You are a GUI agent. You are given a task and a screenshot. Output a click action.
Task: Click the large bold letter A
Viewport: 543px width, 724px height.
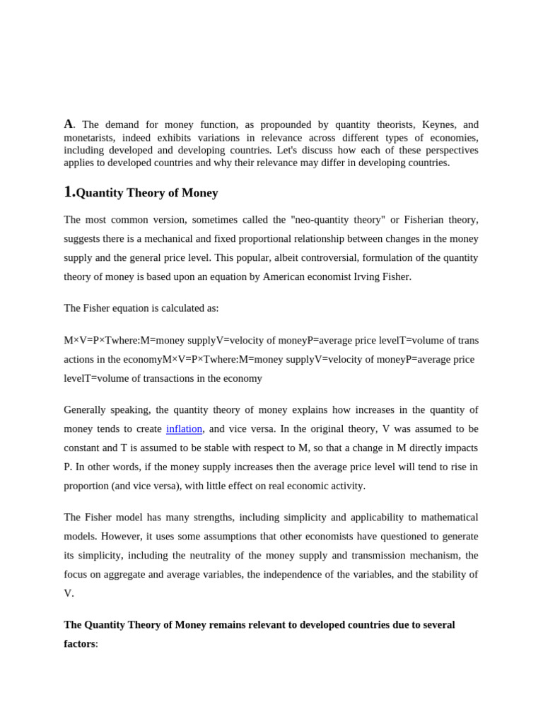[x=69, y=124]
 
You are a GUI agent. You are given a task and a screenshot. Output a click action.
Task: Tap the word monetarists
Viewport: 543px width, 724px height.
[x=92, y=137]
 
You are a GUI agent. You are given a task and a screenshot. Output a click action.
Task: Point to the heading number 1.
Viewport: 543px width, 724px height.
[x=69, y=192]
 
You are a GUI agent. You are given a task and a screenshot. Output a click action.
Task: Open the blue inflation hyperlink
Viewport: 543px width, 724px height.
[x=184, y=428]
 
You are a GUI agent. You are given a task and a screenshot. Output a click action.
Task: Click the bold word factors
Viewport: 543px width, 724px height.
[x=79, y=643]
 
